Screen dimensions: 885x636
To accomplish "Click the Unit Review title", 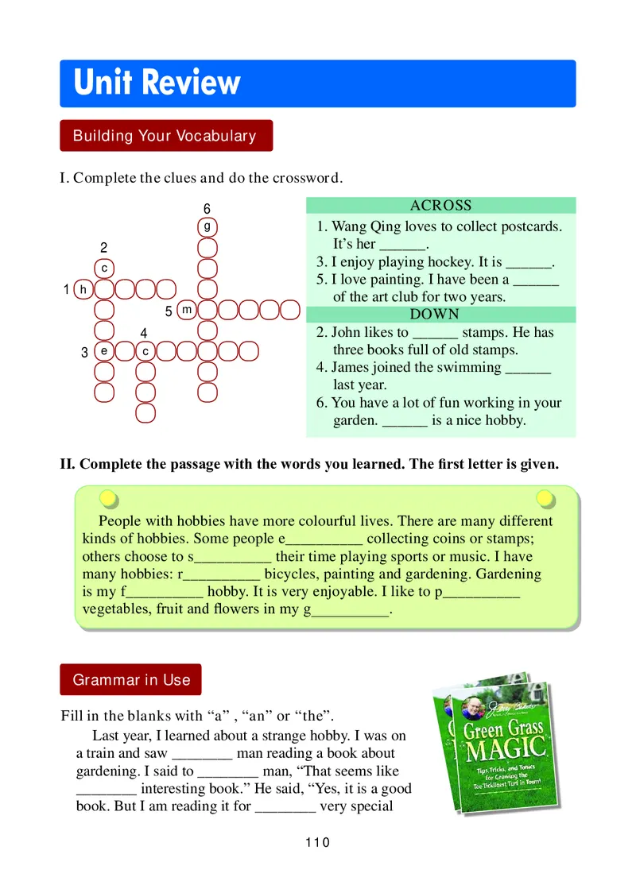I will pyautogui.click(x=157, y=83).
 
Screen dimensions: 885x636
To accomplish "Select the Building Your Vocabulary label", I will pyautogui.click(x=165, y=136).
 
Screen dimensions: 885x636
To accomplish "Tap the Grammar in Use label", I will pyautogui.click(x=131, y=680).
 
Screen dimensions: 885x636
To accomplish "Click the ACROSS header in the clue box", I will pyautogui.click(x=440, y=206).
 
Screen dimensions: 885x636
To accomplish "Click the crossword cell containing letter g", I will pyautogui.click(x=207, y=226).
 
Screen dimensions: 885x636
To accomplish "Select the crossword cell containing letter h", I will pyautogui.click(x=83, y=289).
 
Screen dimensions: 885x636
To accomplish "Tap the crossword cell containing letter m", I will pyautogui.click(x=186, y=309).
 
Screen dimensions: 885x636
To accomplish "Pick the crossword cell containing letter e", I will pyautogui.click(x=103, y=350).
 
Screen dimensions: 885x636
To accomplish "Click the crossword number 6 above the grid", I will pyautogui.click(x=207, y=209).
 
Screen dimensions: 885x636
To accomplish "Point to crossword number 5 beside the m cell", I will pyautogui.click(x=169, y=311).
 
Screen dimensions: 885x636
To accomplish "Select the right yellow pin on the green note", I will pyautogui.click(x=545, y=498).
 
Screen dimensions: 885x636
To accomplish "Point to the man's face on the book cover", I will pyautogui.click(x=473, y=707).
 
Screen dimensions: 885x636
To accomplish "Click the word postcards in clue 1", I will pyautogui.click(x=531, y=226).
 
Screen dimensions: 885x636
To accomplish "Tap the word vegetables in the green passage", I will pyautogui.click(x=118, y=609).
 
